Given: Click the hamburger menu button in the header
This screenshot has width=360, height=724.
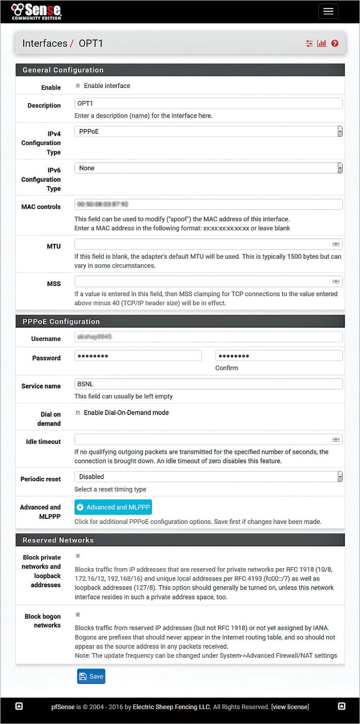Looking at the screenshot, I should point(328,11).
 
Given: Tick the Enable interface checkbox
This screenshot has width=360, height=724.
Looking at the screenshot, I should point(78,86).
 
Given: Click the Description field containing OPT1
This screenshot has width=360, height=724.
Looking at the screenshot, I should point(208,103).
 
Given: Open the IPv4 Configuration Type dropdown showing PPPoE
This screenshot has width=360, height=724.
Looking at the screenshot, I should point(208,132).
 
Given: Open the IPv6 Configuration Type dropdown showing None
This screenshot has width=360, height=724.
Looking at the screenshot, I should point(208,168).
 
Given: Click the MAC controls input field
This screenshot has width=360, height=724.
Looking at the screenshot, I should point(208,205).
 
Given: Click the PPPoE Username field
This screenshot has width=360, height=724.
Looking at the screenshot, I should point(208,337).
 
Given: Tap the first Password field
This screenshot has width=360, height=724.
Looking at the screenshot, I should point(138,356).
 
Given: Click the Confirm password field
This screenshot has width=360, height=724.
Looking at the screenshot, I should point(279,356).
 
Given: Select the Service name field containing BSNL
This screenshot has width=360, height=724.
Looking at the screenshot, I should point(208,384).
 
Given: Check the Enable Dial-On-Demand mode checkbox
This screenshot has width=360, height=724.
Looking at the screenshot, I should point(78,412).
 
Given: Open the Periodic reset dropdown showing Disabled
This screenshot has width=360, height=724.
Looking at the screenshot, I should point(208,477).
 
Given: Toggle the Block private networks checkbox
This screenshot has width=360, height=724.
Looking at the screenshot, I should point(78,556).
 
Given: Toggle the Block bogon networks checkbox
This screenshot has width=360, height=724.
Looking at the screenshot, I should point(78,614).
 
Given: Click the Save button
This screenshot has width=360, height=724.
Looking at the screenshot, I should point(91,677).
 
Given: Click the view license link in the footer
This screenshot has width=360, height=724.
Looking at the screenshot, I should point(290,707).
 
